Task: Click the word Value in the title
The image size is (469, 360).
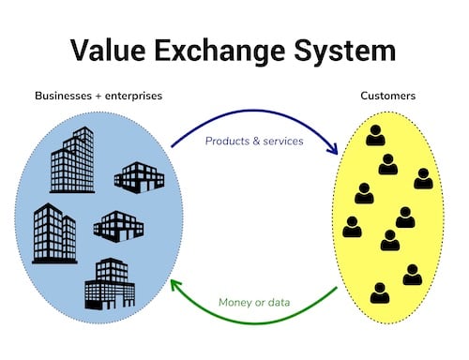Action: pos(104,50)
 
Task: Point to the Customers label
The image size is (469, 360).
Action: pos(389,96)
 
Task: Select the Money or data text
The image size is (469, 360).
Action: pos(254,303)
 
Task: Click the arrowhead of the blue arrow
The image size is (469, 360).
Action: pos(333,150)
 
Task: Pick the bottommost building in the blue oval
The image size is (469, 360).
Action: pos(110,282)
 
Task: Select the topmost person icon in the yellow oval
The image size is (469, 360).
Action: pos(375,135)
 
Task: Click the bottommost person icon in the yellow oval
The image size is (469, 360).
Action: pos(379,292)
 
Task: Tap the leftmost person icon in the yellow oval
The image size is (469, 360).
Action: pos(352,226)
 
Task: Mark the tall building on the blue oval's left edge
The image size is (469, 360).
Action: pos(54,232)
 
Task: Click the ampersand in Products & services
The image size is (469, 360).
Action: pos(252,142)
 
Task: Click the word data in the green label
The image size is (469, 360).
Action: pos(277,303)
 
